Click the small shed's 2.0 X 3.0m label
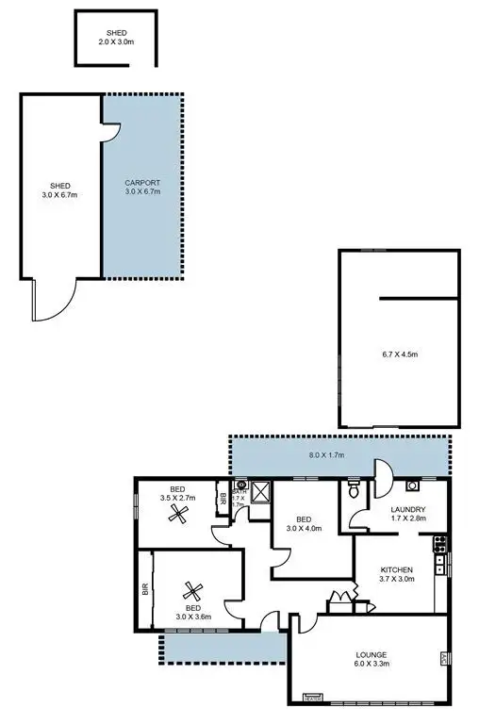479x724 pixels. (x=116, y=42)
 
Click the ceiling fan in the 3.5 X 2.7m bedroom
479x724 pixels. (x=176, y=515)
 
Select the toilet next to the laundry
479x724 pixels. (x=353, y=488)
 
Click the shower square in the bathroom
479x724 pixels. (x=261, y=489)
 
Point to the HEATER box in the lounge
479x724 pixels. (x=311, y=698)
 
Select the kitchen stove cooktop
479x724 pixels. (x=438, y=544)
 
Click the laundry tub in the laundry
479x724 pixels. (x=413, y=487)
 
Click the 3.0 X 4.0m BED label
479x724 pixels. (x=304, y=524)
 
